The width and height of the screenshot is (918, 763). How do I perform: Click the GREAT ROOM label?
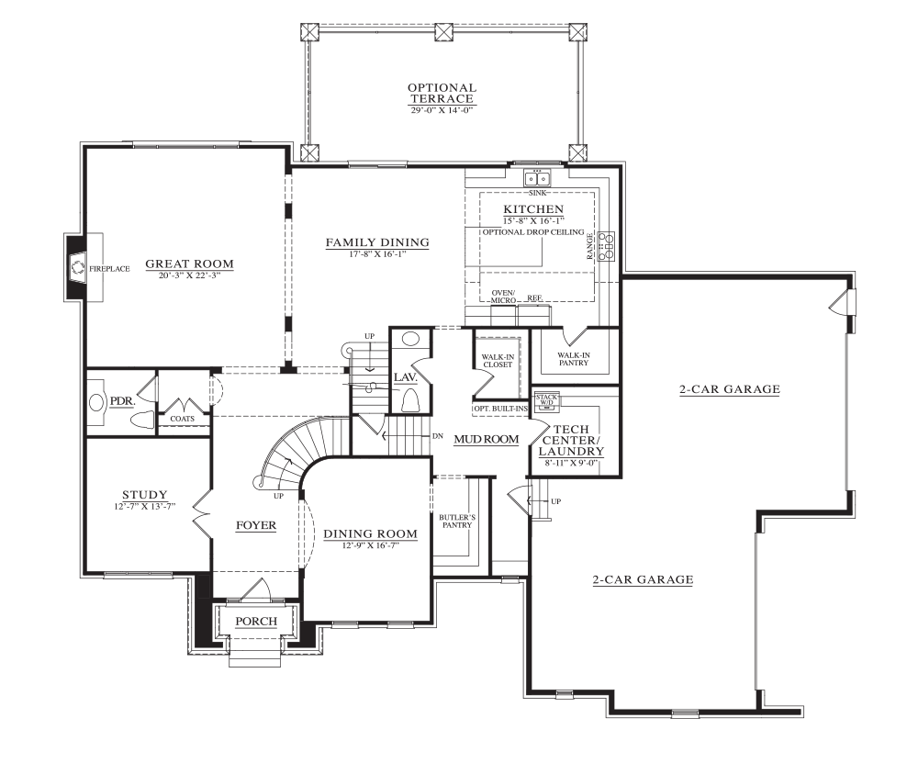coord(189,264)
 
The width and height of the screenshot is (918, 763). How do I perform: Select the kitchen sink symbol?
coord(537,177)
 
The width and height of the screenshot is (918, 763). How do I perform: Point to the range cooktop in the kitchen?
coord(607,245)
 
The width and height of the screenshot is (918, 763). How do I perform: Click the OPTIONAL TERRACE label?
coord(442,93)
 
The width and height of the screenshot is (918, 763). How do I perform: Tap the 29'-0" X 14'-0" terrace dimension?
coord(442,109)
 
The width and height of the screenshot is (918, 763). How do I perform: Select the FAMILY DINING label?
coord(377,242)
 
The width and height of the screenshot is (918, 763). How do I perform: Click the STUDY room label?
coord(145,495)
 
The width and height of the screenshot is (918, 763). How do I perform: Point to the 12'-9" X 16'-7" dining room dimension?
coord(370,544)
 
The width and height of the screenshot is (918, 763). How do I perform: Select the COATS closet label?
coord(182,419)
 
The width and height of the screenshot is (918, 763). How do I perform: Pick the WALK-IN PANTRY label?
coord(574,359)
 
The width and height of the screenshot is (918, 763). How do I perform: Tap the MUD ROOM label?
coord(487,439)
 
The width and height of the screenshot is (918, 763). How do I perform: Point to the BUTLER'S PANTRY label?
coord(457,522)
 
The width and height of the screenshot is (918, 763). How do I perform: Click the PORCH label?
coord(256,621)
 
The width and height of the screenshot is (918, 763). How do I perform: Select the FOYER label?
coord(256,525)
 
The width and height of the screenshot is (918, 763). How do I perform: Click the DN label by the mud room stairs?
coord(437,436)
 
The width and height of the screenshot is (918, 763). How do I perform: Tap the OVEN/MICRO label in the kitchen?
coord(503,297)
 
